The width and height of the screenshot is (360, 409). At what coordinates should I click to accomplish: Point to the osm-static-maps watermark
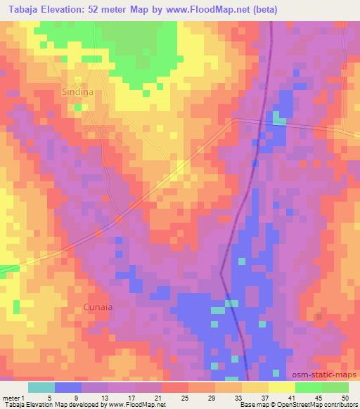pos(324,376)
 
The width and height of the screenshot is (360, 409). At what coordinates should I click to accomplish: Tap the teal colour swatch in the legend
pos(41,387)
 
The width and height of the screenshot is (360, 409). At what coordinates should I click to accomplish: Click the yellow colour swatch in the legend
pos(281,387)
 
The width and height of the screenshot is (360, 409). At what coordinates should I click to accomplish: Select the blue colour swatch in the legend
pos(68,387)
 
